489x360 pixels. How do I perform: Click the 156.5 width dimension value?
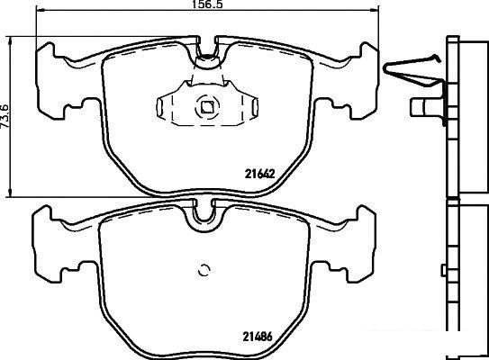[207, 4]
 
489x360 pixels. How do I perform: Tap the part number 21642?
[259, 174]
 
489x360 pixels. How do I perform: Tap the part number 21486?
[258, 337]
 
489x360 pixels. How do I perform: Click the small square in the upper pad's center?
[206, 107]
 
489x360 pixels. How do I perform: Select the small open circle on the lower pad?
[204, 271]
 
